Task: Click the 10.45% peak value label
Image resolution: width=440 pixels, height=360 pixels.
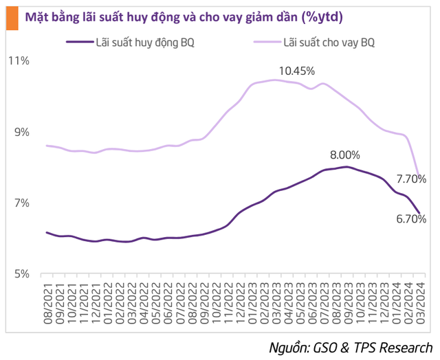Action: point(296,71)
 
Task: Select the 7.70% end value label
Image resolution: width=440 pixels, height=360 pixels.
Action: point(411,179)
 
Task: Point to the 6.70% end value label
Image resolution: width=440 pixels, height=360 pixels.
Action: point(411,220)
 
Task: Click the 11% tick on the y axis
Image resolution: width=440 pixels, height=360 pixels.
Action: point(18,61)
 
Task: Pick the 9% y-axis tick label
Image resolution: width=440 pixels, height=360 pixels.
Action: point(20,132)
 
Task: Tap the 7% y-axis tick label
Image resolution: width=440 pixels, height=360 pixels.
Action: point(20,203)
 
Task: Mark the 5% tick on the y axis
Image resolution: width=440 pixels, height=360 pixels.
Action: point(20,274)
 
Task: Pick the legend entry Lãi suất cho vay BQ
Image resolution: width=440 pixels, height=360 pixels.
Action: point(329,42)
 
